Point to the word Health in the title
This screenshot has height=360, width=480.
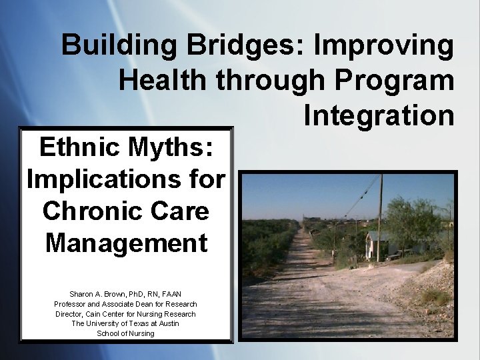click(x=163, y=80)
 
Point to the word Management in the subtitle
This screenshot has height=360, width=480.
click(x=127, y=243)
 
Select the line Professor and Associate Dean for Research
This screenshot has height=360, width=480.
click(x=125, y=304)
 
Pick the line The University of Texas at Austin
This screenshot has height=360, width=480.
click(x=125, y=323)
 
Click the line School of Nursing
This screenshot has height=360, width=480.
click(x=125, y=333)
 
